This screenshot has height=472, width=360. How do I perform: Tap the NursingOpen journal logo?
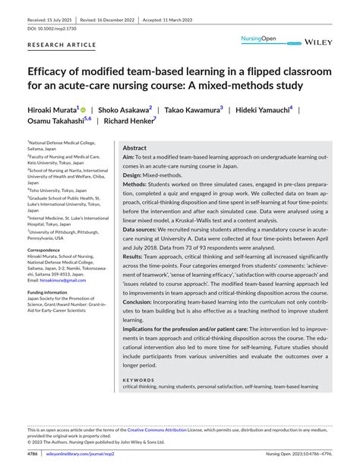coord(260,38)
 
